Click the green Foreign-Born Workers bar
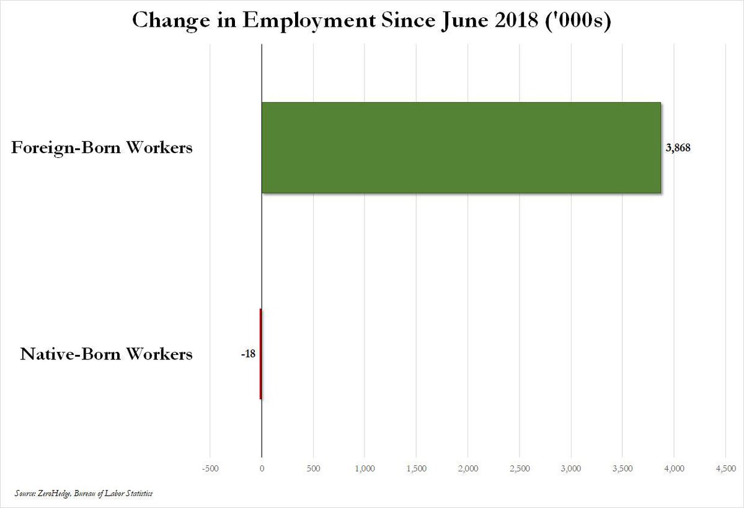tap(461, 148)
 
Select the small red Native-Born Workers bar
tap(260, 354)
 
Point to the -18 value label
tap(249, 354)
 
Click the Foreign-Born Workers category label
tap(102, 149)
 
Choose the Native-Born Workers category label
tap(107, 355)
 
